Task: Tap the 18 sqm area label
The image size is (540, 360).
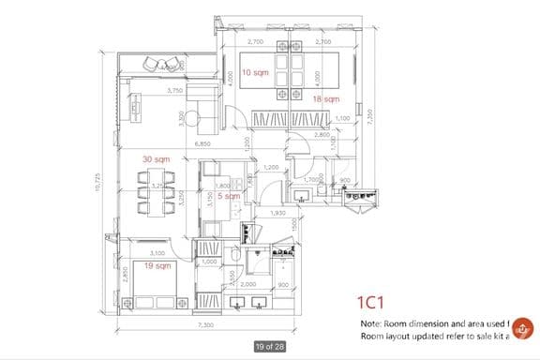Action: [x=325, y=98]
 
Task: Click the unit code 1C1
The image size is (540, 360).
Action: [x=372, y=302]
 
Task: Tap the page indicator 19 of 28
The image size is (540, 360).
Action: [x=270, y=347]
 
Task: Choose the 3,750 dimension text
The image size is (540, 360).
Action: [x=174, y=91]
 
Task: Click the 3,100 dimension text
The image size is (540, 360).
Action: [x=157, y=253]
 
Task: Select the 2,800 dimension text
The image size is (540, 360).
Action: [x=322, y=136]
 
